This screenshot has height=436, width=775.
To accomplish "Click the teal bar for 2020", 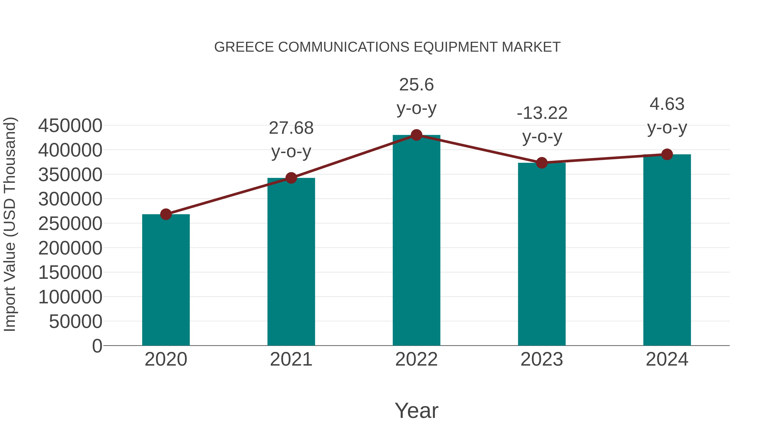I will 166,280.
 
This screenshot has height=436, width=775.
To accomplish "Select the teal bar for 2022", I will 416,241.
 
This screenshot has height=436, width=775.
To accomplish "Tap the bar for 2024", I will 667,250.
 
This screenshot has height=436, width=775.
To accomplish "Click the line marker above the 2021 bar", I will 291,178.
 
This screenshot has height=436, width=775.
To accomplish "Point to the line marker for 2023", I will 542,163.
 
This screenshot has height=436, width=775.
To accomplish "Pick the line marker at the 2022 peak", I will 416,135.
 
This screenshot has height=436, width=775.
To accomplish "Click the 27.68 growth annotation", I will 291,128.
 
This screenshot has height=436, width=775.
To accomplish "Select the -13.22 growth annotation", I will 542,113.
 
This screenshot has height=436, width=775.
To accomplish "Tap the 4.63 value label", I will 667,104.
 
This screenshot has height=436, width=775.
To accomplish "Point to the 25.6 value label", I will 416,85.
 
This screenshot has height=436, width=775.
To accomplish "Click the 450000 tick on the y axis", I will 70,126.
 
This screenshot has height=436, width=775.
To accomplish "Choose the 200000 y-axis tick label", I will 70,248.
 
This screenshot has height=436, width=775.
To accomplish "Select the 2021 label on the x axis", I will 291,359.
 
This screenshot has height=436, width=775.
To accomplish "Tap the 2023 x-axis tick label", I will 542,359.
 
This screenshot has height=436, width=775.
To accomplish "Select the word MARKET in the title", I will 531,47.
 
